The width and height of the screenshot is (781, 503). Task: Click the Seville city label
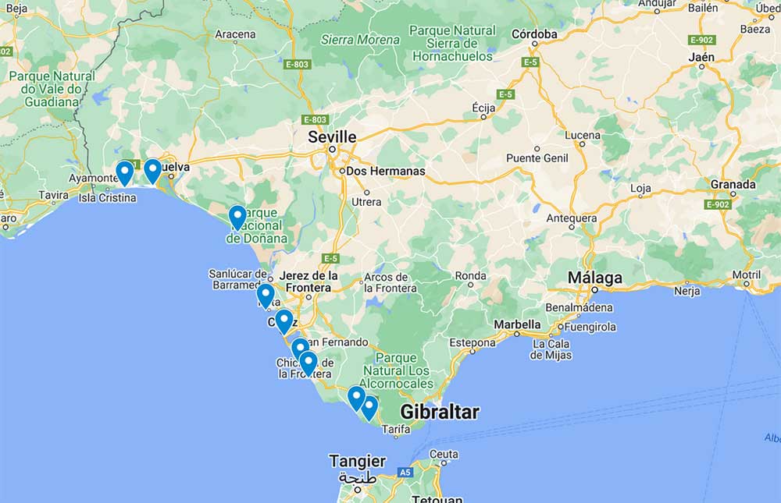click(x=332, y=136)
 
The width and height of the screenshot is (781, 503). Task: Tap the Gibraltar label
click(x=439, y=413)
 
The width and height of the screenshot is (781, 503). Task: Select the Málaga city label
click(x=595, y=278)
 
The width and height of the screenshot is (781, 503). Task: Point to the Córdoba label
click(x=534, y=34)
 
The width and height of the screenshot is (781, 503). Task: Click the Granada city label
click(x=733, y=185)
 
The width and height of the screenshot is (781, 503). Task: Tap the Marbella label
click(x=516, y=324)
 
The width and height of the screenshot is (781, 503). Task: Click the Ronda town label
click(x=470, y=275)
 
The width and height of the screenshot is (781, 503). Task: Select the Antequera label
click(x=572, y=218)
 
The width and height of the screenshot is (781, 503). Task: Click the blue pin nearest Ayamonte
click(x=124, y=172)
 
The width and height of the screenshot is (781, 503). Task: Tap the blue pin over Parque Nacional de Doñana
click(x=237, y=217)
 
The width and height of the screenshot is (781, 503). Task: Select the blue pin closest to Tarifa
click(x=369, y=407)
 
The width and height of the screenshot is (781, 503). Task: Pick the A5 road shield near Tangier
click(x=405, y=472)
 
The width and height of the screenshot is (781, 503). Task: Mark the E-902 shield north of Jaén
click(x=702, y=40)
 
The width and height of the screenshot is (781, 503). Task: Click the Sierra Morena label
click(x=360, y=40)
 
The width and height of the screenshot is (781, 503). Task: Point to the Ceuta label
click(x=444, y=454)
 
